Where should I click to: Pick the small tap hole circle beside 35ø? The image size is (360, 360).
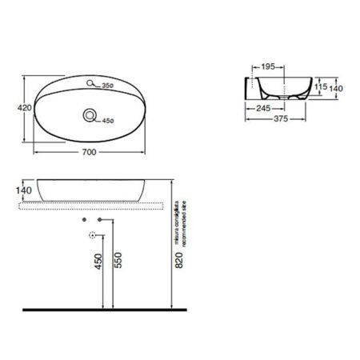92,82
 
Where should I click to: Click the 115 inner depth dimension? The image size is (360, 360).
320,87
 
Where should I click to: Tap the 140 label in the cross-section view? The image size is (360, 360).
338,90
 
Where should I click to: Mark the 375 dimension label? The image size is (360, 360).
277,121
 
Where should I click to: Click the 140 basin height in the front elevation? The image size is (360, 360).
23,190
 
